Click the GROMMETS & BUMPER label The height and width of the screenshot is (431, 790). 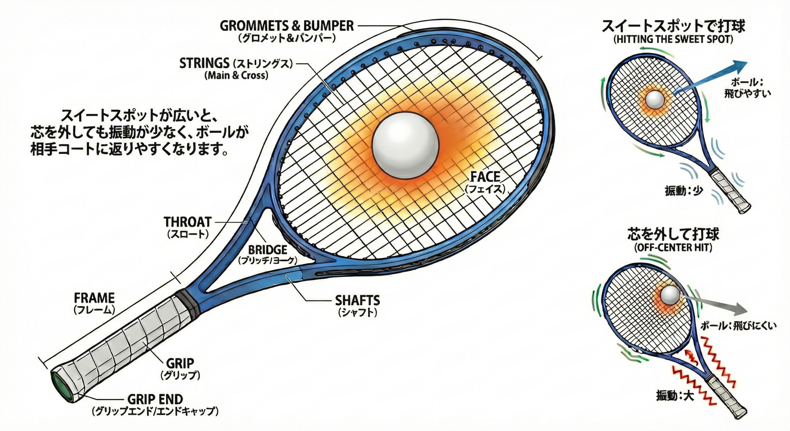(x=287, y=26)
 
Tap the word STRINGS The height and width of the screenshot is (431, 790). (x=205, y=63)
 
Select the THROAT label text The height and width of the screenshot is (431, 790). (x=188, y=222)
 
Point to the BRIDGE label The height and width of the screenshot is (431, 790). (x=268, y=249)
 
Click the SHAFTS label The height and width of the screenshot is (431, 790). (x=357, y=300)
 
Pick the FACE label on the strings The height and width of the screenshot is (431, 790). (x=485, y=177)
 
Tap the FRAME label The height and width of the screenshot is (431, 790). (x=94, y=298)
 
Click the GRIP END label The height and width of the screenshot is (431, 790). (x=155, y=400)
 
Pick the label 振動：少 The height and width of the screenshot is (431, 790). (x=684, y=191)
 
